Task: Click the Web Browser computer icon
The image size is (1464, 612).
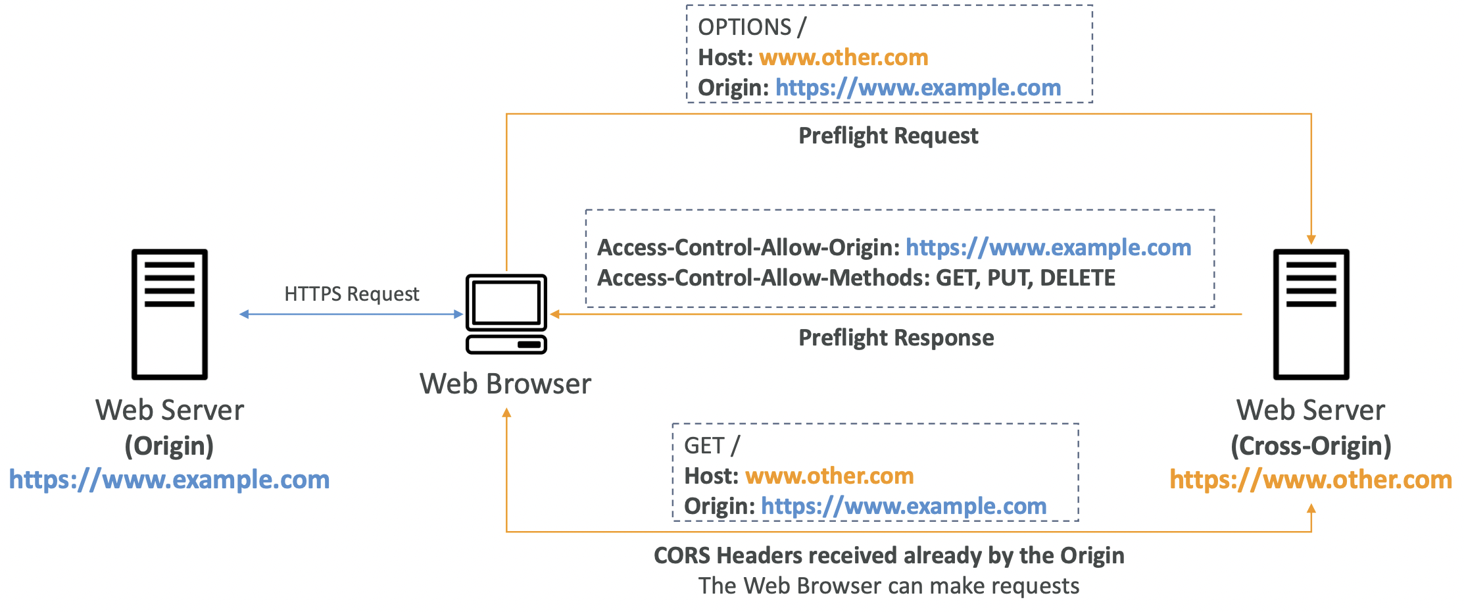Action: pyautogui.click(x=506, y=314)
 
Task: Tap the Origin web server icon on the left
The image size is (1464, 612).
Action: pyautogui.click(x=170, y=314)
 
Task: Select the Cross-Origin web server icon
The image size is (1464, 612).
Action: pyautogui.click(x=1311, y=314)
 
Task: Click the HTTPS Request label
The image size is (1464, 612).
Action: pyautogui.click(x=351, y=293)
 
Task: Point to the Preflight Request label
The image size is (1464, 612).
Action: pyautogui.click(x=888, y=136)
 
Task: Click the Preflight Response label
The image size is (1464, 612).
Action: pyautogui.click(x=896, y=338)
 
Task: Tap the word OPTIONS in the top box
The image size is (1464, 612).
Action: pyautogui.click(x=744, y=27)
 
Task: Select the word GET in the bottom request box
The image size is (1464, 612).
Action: pyautogui.click(x=704, y=446)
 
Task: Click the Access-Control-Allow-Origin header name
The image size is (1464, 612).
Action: pyautogui.click(x=748, y=247)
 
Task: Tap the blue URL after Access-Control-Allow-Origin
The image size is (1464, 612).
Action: pyautogui.click(x=1048, y=247)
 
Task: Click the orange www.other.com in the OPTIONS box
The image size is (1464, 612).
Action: pyautogui.click(x=843, y=57)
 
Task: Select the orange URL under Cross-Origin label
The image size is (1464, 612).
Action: pyautogui.click(x=1310, y=480)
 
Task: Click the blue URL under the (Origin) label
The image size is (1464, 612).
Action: pyautogui.click(x=169, y=480)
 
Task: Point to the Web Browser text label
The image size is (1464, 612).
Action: pyautogui.click(x=505, y=384)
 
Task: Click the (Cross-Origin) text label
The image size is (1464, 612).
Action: pyautogui.click(x=1311, y=446)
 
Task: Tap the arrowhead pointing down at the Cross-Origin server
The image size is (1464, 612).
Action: pyautogui.click(x=1311, y=240)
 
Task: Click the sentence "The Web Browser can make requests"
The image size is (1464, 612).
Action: pyautogui.click(x=889, y=586)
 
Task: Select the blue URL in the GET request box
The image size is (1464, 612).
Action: pyautogui.click(x=904, y=506)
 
